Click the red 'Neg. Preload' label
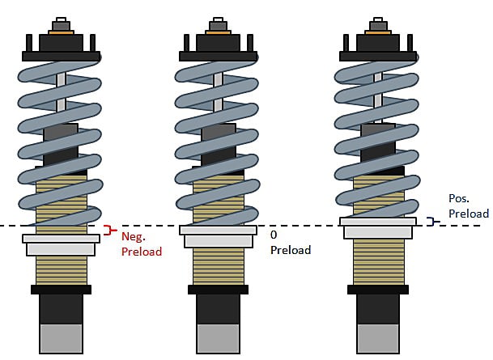[x=141, y=244]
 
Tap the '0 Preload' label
[x=289, y=242]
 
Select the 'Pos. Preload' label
[x=468, y=205]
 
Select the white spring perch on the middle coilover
[x=218, y=235]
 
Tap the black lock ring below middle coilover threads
[x=218, y=289]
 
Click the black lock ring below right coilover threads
[x=376, y=289]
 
